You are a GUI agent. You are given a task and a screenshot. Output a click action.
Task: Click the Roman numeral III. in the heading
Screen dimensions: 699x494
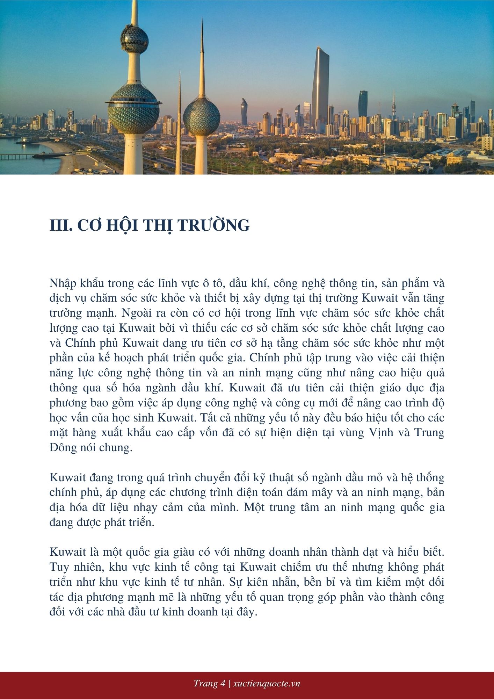(x=61, y=225)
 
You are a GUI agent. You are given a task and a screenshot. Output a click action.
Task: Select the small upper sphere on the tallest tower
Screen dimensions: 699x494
(x=135, y=38)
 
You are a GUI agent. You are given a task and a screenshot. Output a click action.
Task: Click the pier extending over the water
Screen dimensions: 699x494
(x=21, y=156)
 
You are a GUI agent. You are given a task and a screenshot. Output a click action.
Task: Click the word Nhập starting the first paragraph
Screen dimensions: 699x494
(x=63, y=283)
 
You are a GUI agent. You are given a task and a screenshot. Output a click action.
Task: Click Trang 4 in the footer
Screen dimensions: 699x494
(x=209, y=684)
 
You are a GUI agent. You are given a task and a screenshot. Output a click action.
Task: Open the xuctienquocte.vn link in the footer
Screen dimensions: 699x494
(x=267, y=684)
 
